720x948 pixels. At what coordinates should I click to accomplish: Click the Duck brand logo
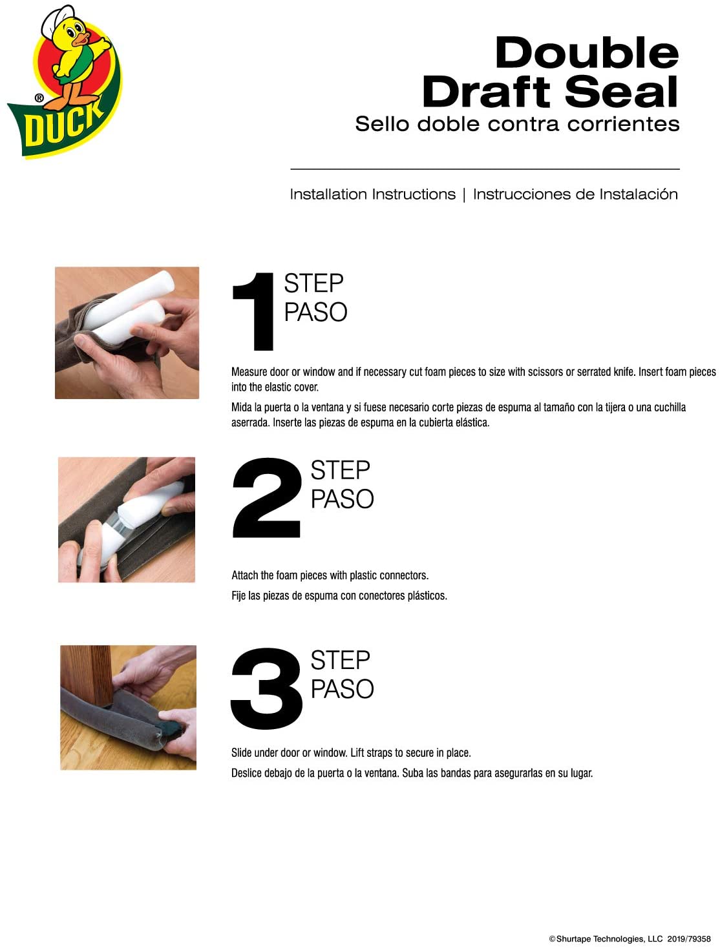(x=65, y=82)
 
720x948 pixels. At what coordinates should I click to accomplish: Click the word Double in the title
(x=586, y=53)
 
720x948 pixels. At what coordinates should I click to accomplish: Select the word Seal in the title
(x=622, y=92)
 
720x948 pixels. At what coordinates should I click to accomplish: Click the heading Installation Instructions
(x=372, y=194)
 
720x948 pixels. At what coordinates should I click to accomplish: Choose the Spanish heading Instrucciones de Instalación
(x=575, y=194)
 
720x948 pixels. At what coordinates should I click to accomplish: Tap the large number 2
(x=266, y=497)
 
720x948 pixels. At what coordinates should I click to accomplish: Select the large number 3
(x=266, y=688)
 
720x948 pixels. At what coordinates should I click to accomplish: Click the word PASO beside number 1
(x=315, y=313)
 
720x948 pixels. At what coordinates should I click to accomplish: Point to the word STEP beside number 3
(x=340, y=660)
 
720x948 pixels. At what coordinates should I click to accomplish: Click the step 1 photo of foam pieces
(x=127, y=333)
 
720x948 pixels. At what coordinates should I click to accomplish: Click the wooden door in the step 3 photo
(x=87, y=676)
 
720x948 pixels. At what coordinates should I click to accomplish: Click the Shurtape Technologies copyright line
(x=630, y=936)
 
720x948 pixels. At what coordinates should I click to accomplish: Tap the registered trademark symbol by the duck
(x=39, y=98)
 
